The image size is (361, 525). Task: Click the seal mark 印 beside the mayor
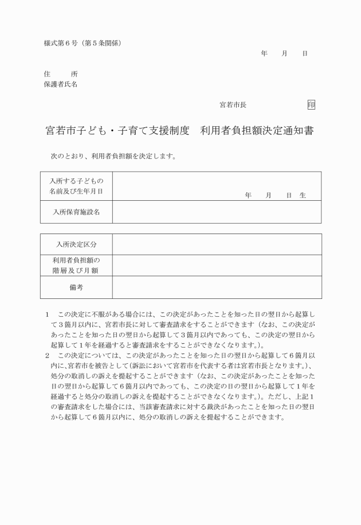click(311, 104)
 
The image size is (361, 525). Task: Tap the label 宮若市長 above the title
click(233, 104)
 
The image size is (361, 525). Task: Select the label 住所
click(61, 74)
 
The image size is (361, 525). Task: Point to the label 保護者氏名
click(61, 84)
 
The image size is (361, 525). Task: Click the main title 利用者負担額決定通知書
click(257, 131)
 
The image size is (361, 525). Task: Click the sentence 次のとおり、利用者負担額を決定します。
click(113, 155)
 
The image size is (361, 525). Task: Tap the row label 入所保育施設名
click(76, 212)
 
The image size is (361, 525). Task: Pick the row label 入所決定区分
click(76, 244)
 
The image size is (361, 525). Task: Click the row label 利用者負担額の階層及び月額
click(76, 266)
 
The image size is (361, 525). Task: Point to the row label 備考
click(76, 287)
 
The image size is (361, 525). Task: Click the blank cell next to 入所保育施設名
click(217, 212)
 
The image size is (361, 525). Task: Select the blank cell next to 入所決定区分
click(217, 244)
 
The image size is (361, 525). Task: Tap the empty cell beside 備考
click(217, 287)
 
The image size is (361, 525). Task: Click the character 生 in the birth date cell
click(303, 196)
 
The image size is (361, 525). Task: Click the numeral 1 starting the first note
click(47, 314)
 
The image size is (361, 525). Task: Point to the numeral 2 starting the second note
click(47, 355)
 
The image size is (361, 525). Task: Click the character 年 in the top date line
click(264, 53)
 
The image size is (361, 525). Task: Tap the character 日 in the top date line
click(305, 53)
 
